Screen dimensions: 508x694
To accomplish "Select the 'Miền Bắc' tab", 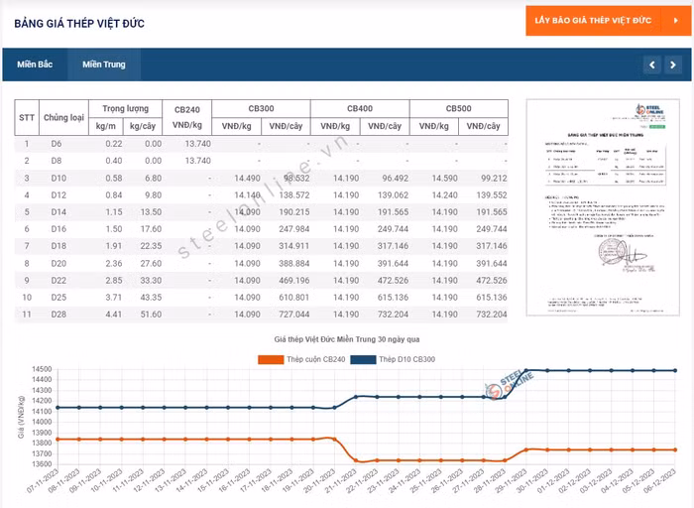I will click(x=35, y=64).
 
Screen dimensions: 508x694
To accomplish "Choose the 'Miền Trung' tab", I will click(x=104, y=64).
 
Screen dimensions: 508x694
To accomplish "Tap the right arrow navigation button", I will click(x=675, y=65).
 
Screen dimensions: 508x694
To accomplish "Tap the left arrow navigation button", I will click(x=651, y=65).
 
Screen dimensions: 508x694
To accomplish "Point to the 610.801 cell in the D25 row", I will click(x=289, y=298).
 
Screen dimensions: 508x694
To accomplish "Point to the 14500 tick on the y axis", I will click(x=41, y=370).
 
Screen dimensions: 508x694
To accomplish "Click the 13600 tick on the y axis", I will click(x=41, y=464).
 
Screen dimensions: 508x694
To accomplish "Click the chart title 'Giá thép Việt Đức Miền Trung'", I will click(x=347, y=340).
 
